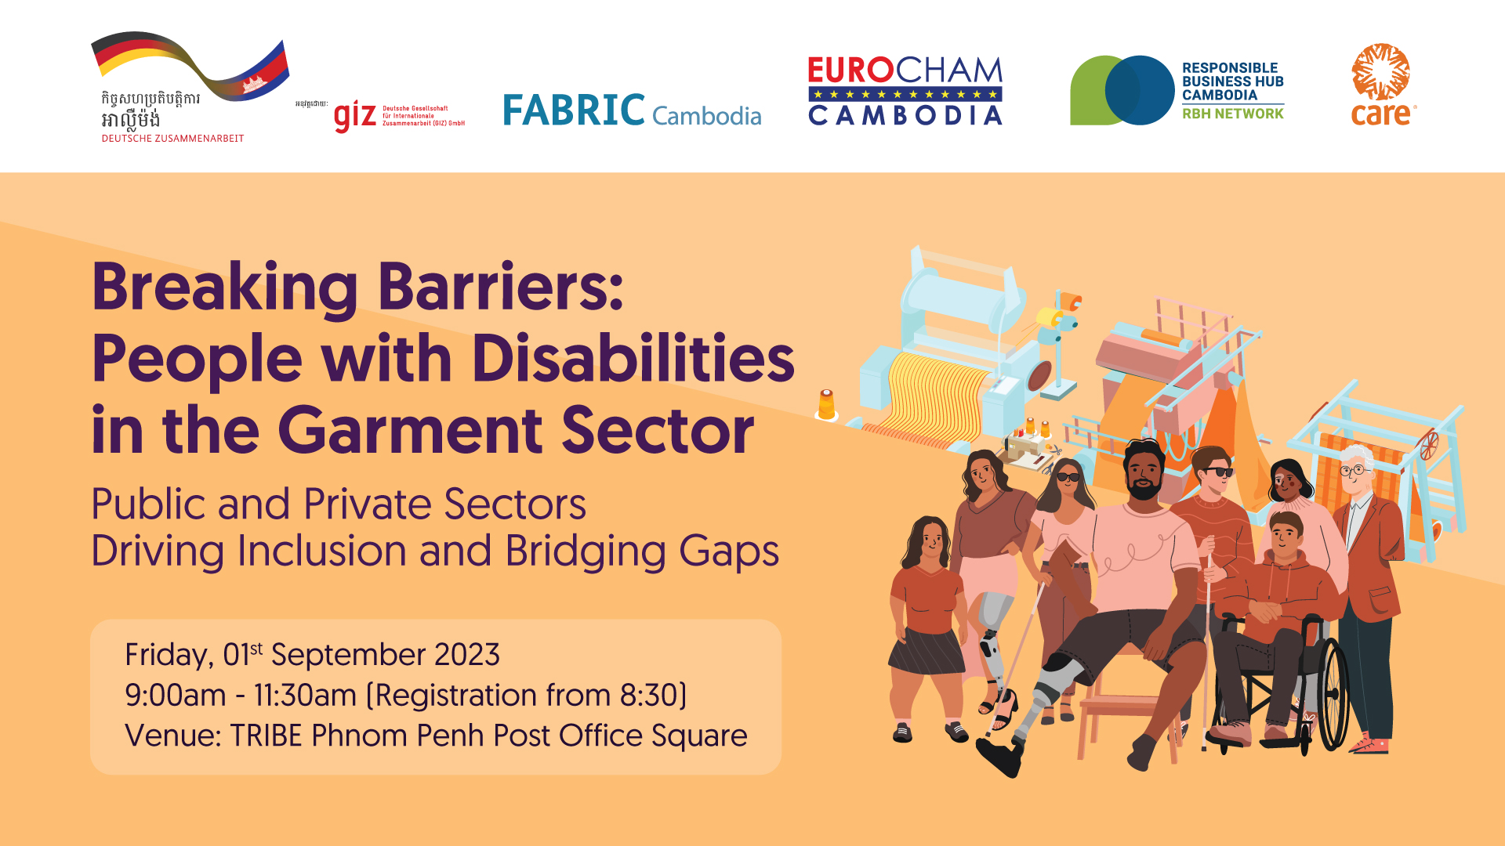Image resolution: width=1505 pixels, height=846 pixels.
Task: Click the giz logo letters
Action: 355,116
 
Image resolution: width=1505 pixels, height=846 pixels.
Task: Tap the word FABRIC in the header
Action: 574,110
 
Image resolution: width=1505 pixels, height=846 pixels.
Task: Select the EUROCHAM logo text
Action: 905,70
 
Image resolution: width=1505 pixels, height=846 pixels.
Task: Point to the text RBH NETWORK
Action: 1232,114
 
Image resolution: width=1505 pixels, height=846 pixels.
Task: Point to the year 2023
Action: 466,655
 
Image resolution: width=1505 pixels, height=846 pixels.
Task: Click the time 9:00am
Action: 175,696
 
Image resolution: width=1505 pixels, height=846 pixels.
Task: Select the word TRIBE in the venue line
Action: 266,736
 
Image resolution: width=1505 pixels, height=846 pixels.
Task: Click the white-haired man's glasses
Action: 1354,471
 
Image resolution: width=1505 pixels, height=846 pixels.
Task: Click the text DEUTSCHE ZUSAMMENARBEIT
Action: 172,139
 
